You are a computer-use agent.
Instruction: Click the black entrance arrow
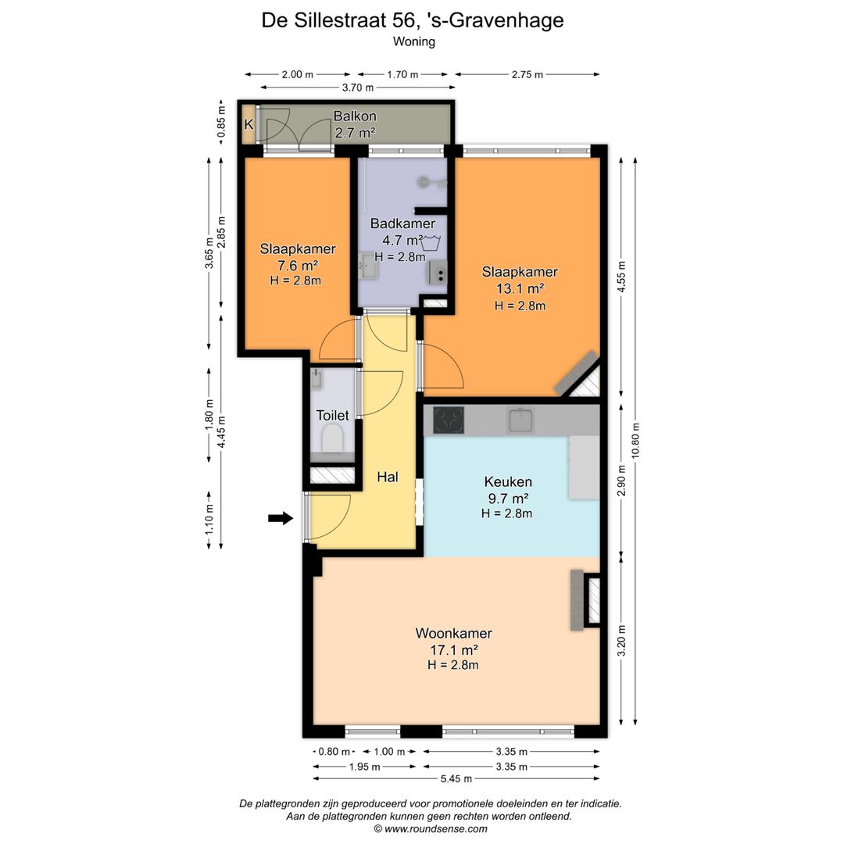coord(280,517)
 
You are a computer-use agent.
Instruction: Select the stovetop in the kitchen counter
coord(449,420)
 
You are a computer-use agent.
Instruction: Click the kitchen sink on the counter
coord(521,420)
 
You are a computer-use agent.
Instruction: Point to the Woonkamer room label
coord(453,634)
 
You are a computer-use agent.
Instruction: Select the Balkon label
coord(355,116)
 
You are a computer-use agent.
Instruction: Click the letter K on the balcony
coord(249,124)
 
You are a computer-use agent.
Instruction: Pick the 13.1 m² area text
coord(520,288)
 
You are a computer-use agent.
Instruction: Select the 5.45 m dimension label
coord(456,778)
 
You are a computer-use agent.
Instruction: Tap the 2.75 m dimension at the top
coord(527,75)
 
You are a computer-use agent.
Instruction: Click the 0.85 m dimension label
coord(221,123)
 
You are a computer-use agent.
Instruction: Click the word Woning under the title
coord(413,42)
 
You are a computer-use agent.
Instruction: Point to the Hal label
coord(388,477)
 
